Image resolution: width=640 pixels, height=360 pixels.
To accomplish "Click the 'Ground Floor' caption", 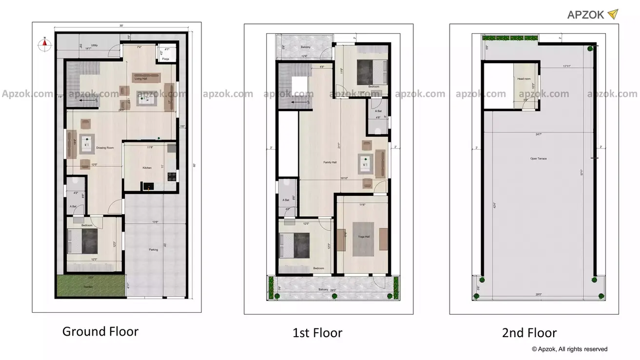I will click(100, 332).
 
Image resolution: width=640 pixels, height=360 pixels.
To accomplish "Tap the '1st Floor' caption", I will click(317, 333).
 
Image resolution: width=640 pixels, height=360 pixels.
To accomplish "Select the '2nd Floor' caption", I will click(529, 333).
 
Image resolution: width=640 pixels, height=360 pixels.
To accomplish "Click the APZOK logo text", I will click(585, 15).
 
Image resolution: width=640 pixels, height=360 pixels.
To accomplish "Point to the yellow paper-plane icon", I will click(613, 14).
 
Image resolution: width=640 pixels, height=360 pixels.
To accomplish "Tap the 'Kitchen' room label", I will click(147, 168).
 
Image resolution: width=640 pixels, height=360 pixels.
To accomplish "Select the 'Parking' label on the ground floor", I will click(153, 250).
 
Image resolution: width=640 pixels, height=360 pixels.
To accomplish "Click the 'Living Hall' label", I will click(141, 78).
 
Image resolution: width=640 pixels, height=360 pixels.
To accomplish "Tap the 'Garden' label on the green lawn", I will click(88, 287).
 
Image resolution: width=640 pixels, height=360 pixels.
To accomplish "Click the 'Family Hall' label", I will click(330, 162).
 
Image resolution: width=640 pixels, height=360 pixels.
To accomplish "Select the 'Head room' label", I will click(524, 79).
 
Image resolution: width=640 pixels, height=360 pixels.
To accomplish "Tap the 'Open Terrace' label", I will click(539, 158).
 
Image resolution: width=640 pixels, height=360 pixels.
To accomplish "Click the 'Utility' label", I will click(95, 45).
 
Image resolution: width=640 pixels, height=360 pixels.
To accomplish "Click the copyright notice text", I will click(569, 349).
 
